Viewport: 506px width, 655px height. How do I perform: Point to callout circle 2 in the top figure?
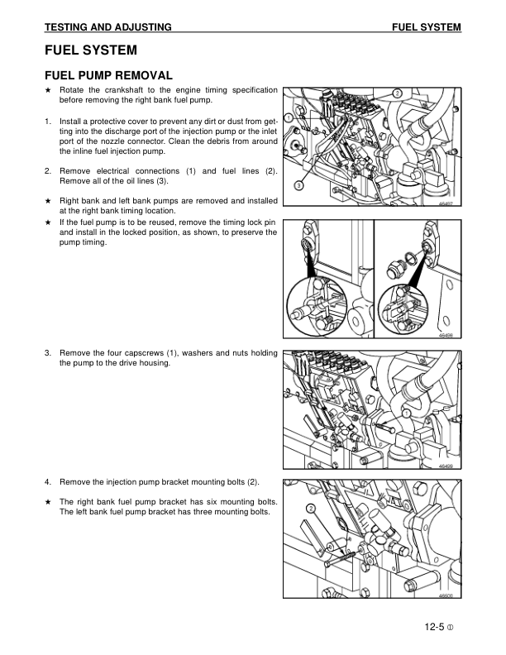click(x=397, y=92)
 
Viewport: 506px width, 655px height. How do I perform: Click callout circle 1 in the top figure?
click(x=288, y=119)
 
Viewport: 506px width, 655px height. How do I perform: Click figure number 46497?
click(x=446, y=204)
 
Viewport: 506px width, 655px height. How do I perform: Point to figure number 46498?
click(x=446, y=336)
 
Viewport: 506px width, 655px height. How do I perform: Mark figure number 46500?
click(x=446, y=596)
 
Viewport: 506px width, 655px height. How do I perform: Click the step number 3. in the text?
click(x=49, y=353)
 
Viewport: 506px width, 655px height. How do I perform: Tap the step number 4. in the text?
click(x=49, y=481)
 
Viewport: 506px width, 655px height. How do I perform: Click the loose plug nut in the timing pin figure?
click(x=394, y=267)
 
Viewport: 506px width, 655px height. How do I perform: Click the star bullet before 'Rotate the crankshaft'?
click(x=48, y=89)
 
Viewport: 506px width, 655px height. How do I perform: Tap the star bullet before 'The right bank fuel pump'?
click(x=48, y=502)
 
